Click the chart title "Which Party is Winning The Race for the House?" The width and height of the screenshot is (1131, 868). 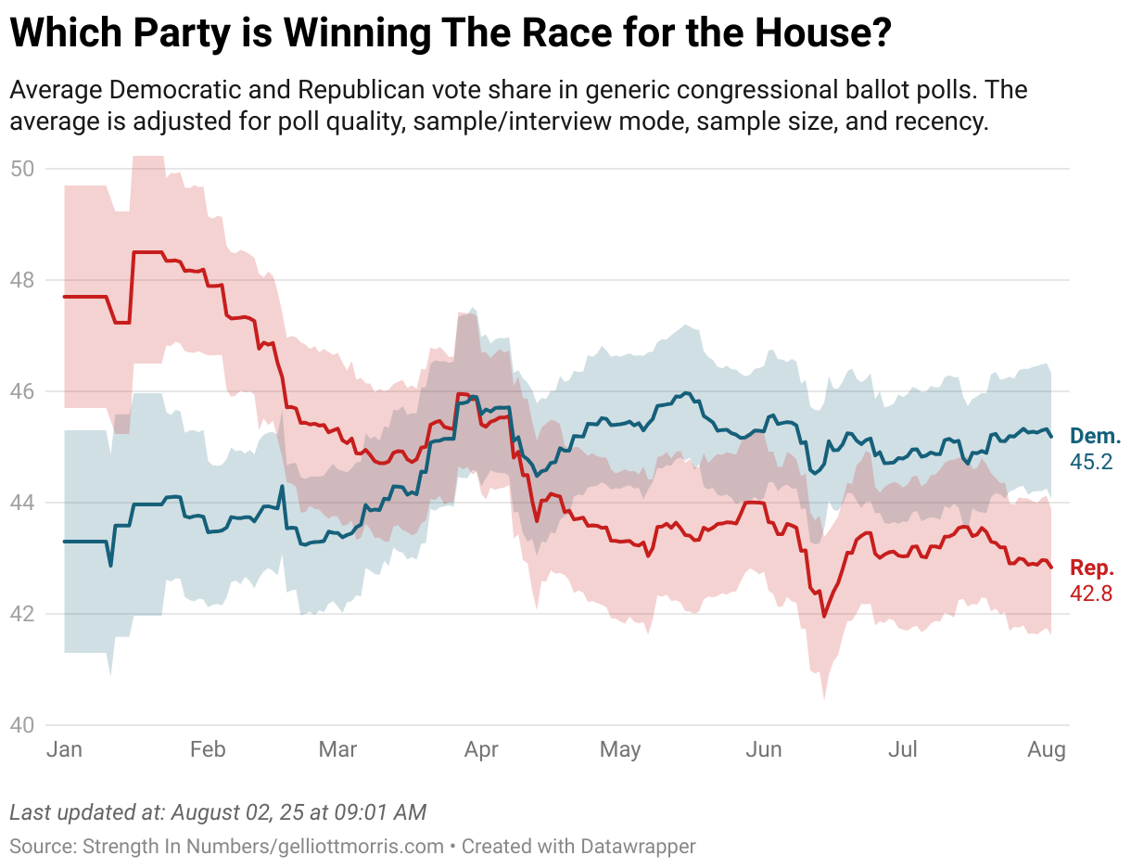coord(451,34)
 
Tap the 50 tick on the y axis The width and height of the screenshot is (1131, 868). coord(21,169)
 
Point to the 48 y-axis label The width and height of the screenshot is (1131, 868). coord(21,280)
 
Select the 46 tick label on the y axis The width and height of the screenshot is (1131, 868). coord(21,391)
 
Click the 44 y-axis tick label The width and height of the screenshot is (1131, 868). coord(21,503)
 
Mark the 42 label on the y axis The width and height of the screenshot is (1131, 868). coord(21,614)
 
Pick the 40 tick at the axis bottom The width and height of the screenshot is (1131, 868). coord(21,725)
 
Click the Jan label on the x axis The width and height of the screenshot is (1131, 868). coord(64,749)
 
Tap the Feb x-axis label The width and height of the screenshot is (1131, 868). coord(207,749)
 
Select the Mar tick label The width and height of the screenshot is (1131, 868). coord(337,749)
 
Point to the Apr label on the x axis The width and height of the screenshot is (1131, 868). coord(481,749)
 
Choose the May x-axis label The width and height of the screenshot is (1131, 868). coord(620,749)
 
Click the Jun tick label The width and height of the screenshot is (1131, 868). coord(764,749)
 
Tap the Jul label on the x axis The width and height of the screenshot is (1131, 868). coord(903,749)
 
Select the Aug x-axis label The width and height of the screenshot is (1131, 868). coord(1047,749)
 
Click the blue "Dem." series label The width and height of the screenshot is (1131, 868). coord(1095,437)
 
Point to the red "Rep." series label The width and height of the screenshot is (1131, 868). coord(1093,568)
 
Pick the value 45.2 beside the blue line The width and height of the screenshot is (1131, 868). coord(1091,461)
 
